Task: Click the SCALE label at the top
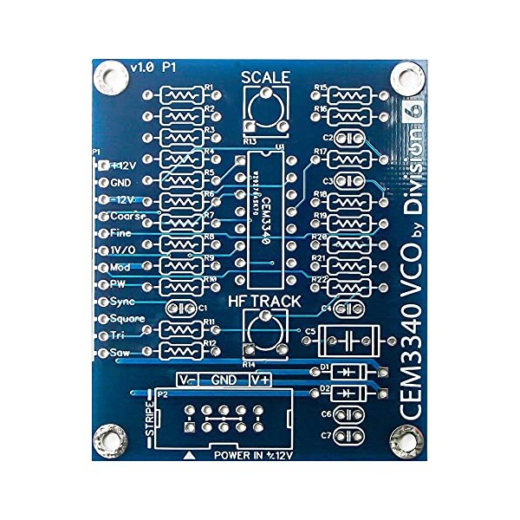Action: tap(265, 77)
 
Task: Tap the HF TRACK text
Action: tap(264, 302)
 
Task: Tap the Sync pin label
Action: tap(121, 301)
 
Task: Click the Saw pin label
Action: tap(119, 352)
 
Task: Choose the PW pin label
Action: tap(118, 283)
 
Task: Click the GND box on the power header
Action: tap(224, 380)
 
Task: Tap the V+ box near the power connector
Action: tap(261, 380)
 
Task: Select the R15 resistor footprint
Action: tap(351, 94)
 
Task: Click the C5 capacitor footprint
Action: tap(351, 339)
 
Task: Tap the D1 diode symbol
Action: tap(348, 371)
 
